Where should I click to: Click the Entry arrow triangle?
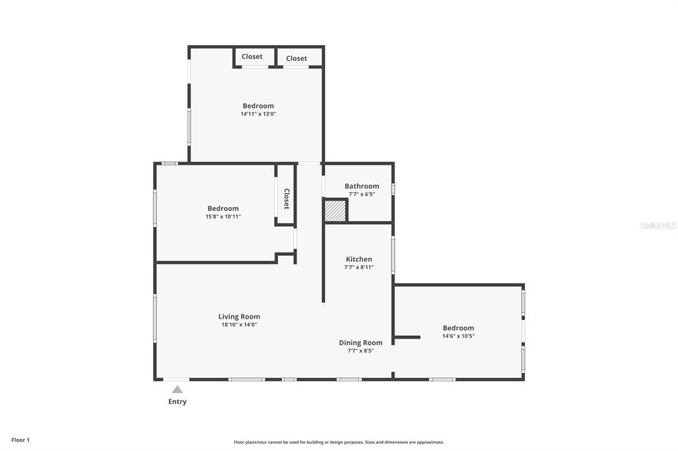177,389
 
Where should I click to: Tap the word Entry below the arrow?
177,402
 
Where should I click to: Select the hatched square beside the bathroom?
335,211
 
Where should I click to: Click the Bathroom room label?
362,186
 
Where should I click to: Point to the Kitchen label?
359,259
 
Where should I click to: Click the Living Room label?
239,317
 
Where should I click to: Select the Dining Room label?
360,343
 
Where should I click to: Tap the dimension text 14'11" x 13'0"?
258,114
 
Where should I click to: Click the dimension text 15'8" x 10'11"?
222,216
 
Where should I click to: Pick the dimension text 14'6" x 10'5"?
458,336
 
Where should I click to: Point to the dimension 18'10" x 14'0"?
239,325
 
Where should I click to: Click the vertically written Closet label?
287,199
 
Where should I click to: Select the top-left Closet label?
252,57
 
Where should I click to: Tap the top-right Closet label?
297,58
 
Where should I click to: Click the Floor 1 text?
21,440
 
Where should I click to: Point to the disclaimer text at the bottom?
339,442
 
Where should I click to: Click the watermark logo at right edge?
657,225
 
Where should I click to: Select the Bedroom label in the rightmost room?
458,328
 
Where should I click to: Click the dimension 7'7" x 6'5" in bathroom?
362,194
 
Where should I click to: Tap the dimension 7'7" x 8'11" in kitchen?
359,267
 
